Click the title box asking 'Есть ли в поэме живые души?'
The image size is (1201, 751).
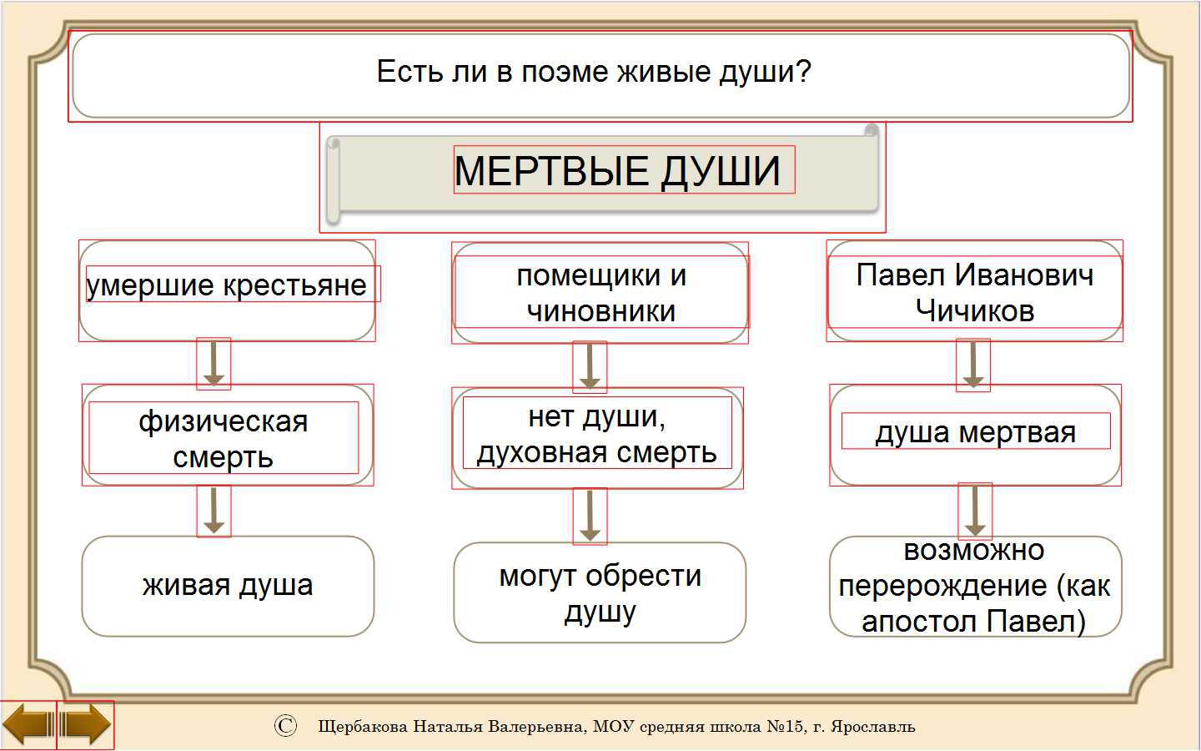click(x=600, y=76)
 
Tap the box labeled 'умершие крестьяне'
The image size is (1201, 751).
click(x=228, y=290)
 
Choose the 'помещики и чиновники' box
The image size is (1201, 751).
click(x=600, y=293)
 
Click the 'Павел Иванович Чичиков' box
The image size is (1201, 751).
click(x=975, y=290)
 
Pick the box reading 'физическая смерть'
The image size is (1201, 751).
click(x=228, y=435)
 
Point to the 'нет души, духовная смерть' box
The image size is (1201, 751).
click(x=597, y=438)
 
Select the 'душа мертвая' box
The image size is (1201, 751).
click(x=975, y=435)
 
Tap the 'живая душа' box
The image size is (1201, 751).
click(x=228, y=586)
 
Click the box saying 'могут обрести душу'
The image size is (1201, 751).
click(x=600, y=592)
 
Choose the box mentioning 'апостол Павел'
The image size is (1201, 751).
click(x=975, y=586)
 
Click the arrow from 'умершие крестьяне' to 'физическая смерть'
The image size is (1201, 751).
click(x=214, y=364)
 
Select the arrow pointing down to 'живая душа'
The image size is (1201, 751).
click(x=214, y=511)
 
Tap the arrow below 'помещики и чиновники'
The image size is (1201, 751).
click(x=590, y=366)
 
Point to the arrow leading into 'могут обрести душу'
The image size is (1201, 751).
click(x=590, y=516)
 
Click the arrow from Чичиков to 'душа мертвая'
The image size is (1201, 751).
click(x=973, y=364)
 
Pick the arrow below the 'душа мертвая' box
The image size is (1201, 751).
click(x=975, y=510)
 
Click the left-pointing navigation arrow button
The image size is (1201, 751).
click(x=28, y=725)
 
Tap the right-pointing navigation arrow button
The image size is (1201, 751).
click(x=85, y=725)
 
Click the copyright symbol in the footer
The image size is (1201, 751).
click(x=285, y=726)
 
